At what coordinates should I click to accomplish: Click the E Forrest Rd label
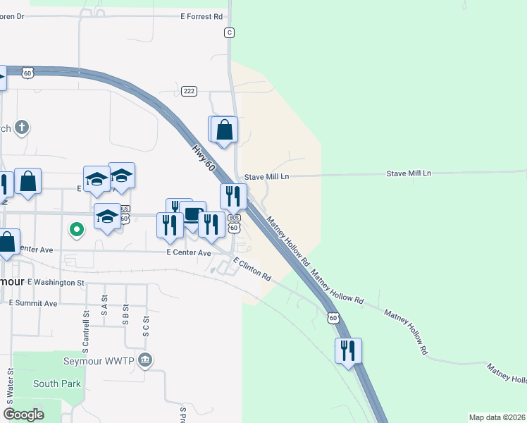click(x=201, y=16)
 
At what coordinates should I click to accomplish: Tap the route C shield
click(x=229, y=32)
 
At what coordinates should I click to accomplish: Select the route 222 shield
click(x=189, y=91)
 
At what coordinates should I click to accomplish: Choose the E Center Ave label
click(x=189, y=252)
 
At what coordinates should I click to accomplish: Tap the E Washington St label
click(x=56, y=282)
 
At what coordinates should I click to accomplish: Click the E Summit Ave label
click(x=33, y=302)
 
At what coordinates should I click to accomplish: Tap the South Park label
click(x=56, y=384)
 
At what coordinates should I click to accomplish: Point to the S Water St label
click(x=10, y=384)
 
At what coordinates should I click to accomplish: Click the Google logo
click(x=24, y=414)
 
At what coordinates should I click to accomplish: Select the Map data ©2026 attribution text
click(x=496, y=417)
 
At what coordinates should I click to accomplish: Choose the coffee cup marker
click(x=192, y=214)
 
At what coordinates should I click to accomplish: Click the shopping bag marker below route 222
click(x=224, y=130)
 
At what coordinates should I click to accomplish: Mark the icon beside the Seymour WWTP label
click(x=145, y=360)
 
